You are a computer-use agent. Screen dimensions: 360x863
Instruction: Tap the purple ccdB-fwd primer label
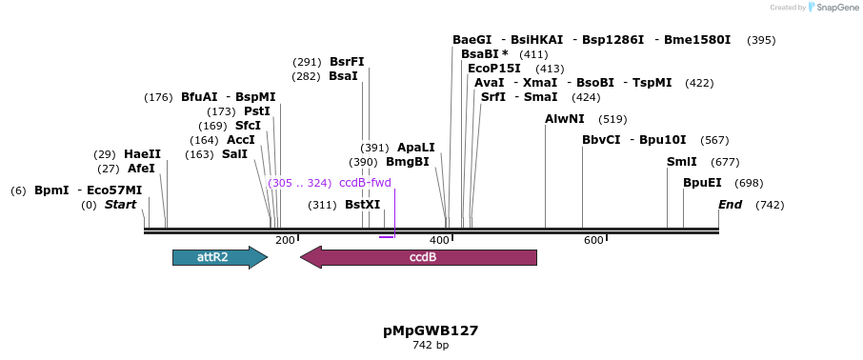pos(365,183)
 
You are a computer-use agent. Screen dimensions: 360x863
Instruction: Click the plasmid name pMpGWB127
pos(431,330)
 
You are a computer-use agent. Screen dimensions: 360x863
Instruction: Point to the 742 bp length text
pos(431,345)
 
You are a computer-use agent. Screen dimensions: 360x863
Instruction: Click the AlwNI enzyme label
pos(564,119)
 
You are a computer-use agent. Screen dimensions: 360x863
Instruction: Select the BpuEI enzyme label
pos(702,183)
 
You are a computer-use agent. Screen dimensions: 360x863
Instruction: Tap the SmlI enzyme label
pos(682,162)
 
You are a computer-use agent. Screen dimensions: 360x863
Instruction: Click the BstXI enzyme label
pos(362,205)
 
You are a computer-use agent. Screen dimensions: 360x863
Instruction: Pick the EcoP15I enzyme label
pos(494,69)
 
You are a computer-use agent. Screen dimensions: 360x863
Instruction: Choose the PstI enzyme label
pos(257,111)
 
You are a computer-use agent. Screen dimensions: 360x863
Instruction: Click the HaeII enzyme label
pos(142,154)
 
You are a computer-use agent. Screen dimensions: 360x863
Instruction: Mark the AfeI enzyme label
pos(141,169)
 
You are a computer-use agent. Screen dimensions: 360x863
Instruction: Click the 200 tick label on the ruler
pos(285,240)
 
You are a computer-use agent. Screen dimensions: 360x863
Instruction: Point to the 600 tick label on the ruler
pos(593,240)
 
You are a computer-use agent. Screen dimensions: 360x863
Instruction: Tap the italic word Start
pos(121,205)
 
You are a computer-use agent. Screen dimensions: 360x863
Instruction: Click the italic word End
pos(730,205)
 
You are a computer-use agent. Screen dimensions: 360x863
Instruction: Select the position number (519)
pos(612,119)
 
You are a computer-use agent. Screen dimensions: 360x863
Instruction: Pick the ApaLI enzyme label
pos(415,148)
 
